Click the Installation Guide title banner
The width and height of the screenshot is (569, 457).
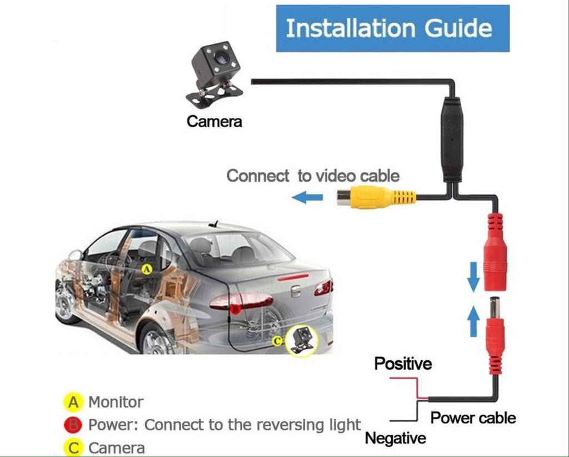click(393, 28)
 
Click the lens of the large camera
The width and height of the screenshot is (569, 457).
click(219, 57)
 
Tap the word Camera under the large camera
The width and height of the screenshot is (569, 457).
click(214, 121)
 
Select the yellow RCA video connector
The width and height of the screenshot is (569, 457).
click(376, 197)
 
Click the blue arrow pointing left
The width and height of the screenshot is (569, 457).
click(307, 198)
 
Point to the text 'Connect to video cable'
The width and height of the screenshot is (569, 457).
click(313, 176)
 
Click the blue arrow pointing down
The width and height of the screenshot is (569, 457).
click(473, 277)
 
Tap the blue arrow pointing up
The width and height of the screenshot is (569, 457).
click(473, 321)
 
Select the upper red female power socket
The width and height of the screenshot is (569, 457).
click(495, 252)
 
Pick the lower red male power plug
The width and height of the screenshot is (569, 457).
click(495, 336)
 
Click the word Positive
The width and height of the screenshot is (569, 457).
click(403, 364)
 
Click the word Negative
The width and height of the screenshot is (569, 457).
click(396, 438)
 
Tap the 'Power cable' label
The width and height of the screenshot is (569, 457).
click(473, 418)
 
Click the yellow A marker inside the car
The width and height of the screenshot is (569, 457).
click(147, 269)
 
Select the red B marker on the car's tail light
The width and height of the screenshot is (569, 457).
click(235, 310)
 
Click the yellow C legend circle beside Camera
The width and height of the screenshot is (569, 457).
click(73, 448)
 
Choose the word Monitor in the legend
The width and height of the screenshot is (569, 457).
click(116, 402)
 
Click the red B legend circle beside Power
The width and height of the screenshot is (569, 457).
click(73, 425)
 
